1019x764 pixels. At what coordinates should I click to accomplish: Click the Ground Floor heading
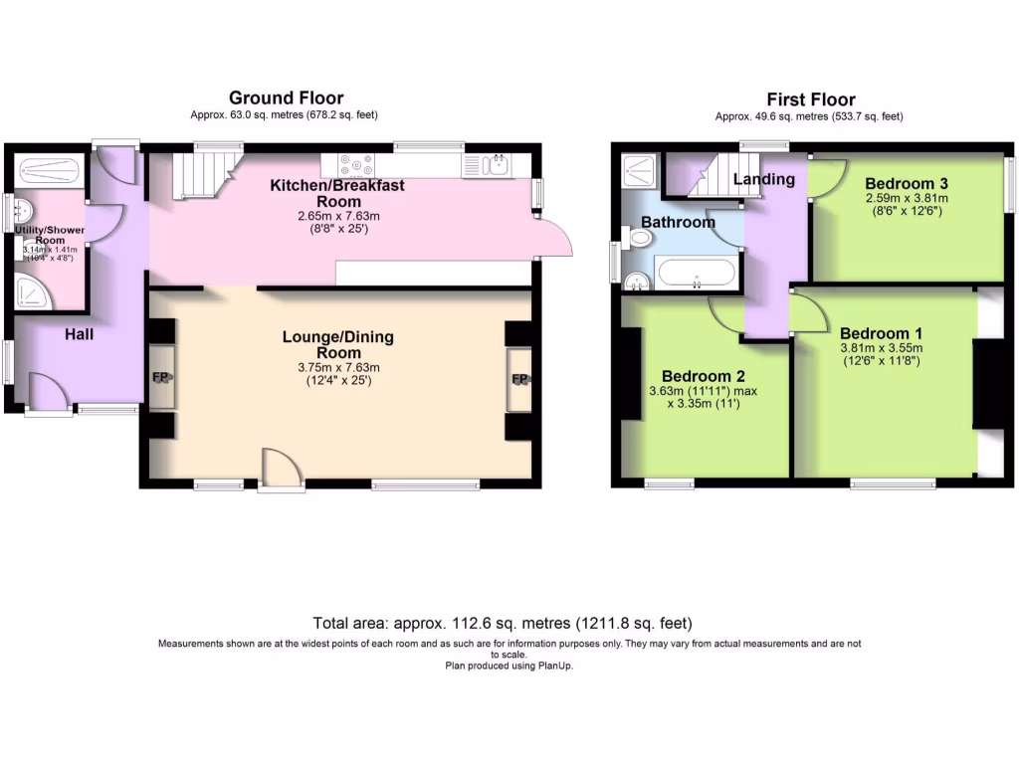[x=286, y=97]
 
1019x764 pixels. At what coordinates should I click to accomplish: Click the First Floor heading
[x=810, y=98]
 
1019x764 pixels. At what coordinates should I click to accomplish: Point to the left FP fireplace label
[x=161, y=378]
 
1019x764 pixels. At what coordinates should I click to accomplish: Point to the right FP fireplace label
[x=519, y=379]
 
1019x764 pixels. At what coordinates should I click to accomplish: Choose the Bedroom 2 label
[x=704, y=376]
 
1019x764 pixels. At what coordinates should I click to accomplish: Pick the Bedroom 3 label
[x=906, y=183]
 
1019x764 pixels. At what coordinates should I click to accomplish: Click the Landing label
[x=764, y=179]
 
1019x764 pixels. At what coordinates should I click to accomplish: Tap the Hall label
[x=80, y=334]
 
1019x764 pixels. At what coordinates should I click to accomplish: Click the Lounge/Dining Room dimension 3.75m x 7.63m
[x=338, y=367]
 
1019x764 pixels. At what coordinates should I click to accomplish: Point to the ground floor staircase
[x=199, y=176]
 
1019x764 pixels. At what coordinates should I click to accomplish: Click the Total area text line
[x=502, y=624]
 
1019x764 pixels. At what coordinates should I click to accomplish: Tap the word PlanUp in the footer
[x=556, y=666]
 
